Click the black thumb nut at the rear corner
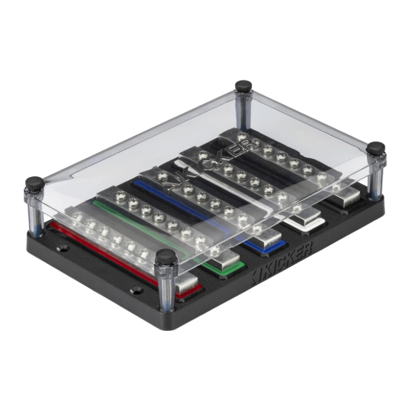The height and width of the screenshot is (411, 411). (x=244, y=86)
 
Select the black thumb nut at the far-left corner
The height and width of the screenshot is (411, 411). (x=34, y=183)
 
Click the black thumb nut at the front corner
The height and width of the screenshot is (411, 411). (x=165, y=257)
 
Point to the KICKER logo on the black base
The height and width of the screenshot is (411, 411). (x=282, y=263)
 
